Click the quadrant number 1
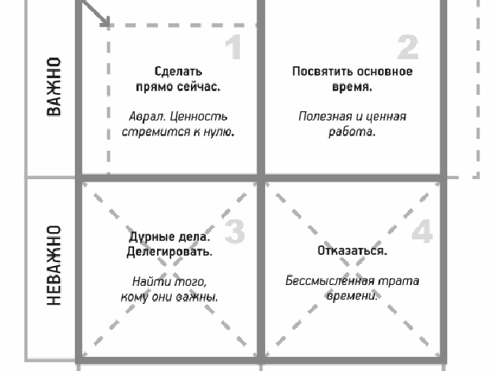(233, 47)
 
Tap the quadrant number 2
(407, 47)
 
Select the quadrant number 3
(234, 230)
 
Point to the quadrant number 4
(422, 230)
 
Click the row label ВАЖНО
(53, 86)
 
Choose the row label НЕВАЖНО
(53, 266)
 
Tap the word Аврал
(144, 116)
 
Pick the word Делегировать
(169, 252)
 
